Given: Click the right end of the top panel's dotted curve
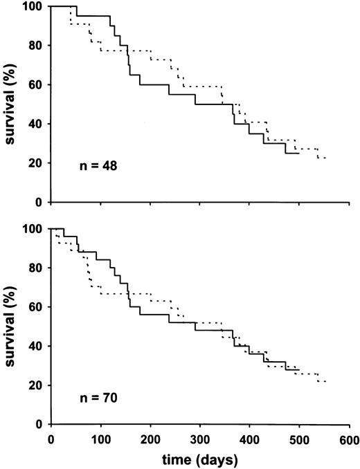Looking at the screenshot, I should click(x=325, y=158).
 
